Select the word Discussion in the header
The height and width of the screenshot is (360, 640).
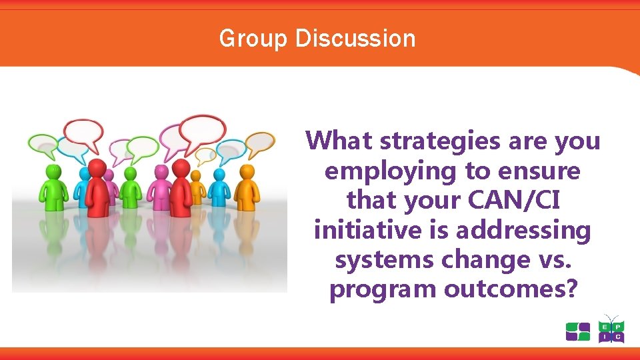click(355, 39)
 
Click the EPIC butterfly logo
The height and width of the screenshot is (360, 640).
click(611, 329)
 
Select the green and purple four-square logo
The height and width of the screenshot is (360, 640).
click(577, 331)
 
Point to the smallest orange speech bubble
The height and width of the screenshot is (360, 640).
click(205, 155)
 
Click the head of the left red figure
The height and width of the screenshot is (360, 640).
click(97, 167)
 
